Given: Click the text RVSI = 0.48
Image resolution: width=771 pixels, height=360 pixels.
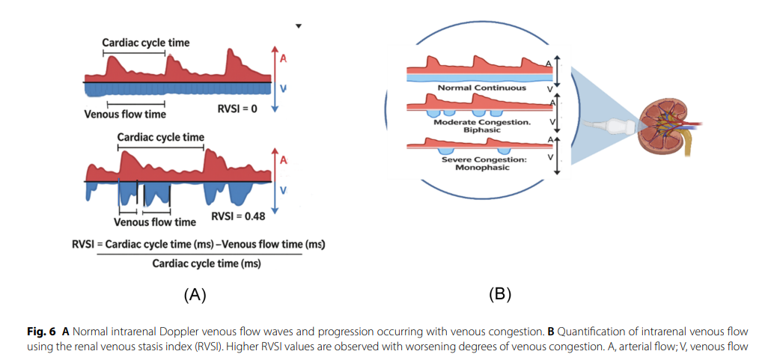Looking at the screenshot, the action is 238,216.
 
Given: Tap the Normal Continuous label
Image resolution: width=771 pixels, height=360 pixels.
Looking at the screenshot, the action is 482,88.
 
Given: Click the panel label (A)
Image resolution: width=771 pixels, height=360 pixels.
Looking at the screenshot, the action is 195,295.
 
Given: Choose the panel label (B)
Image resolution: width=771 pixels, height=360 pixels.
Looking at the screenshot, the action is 500,295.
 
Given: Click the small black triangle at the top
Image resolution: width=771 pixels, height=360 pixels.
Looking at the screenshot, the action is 297,27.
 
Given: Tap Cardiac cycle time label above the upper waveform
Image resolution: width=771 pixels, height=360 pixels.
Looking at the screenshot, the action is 145,43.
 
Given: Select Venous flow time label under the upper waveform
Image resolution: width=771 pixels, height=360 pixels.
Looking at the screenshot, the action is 126,115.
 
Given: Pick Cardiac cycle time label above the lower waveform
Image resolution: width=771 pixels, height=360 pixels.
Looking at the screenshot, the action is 160,137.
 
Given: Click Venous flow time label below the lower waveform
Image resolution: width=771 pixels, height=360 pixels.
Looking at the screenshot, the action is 155,222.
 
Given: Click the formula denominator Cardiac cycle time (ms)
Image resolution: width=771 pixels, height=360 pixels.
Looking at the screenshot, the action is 206,263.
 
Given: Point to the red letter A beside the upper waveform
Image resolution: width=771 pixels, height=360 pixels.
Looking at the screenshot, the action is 283,60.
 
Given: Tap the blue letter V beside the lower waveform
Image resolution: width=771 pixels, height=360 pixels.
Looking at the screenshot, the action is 283,190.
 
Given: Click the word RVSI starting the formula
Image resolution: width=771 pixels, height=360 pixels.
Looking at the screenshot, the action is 85,245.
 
